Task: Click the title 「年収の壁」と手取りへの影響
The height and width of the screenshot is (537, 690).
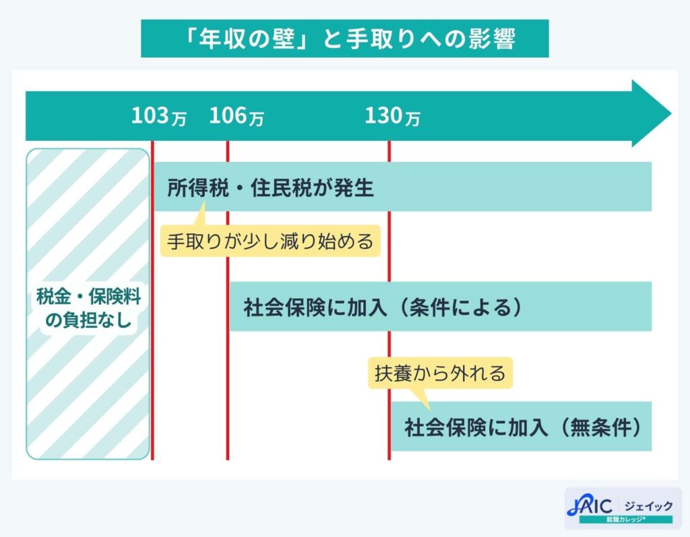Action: coord(344,39)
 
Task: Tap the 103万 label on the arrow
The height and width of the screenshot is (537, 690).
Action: coord(158,117)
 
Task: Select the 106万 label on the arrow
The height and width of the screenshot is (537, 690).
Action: coord(236,117)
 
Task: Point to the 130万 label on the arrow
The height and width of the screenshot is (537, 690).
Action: coord(392,117)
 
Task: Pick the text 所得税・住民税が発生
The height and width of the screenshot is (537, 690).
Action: coord(270,188)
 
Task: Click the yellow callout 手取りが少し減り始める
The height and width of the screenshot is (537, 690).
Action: coord(270,241)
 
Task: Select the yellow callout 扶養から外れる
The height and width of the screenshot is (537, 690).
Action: coord(439,372)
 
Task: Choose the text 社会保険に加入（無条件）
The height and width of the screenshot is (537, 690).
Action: coord(522,427)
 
